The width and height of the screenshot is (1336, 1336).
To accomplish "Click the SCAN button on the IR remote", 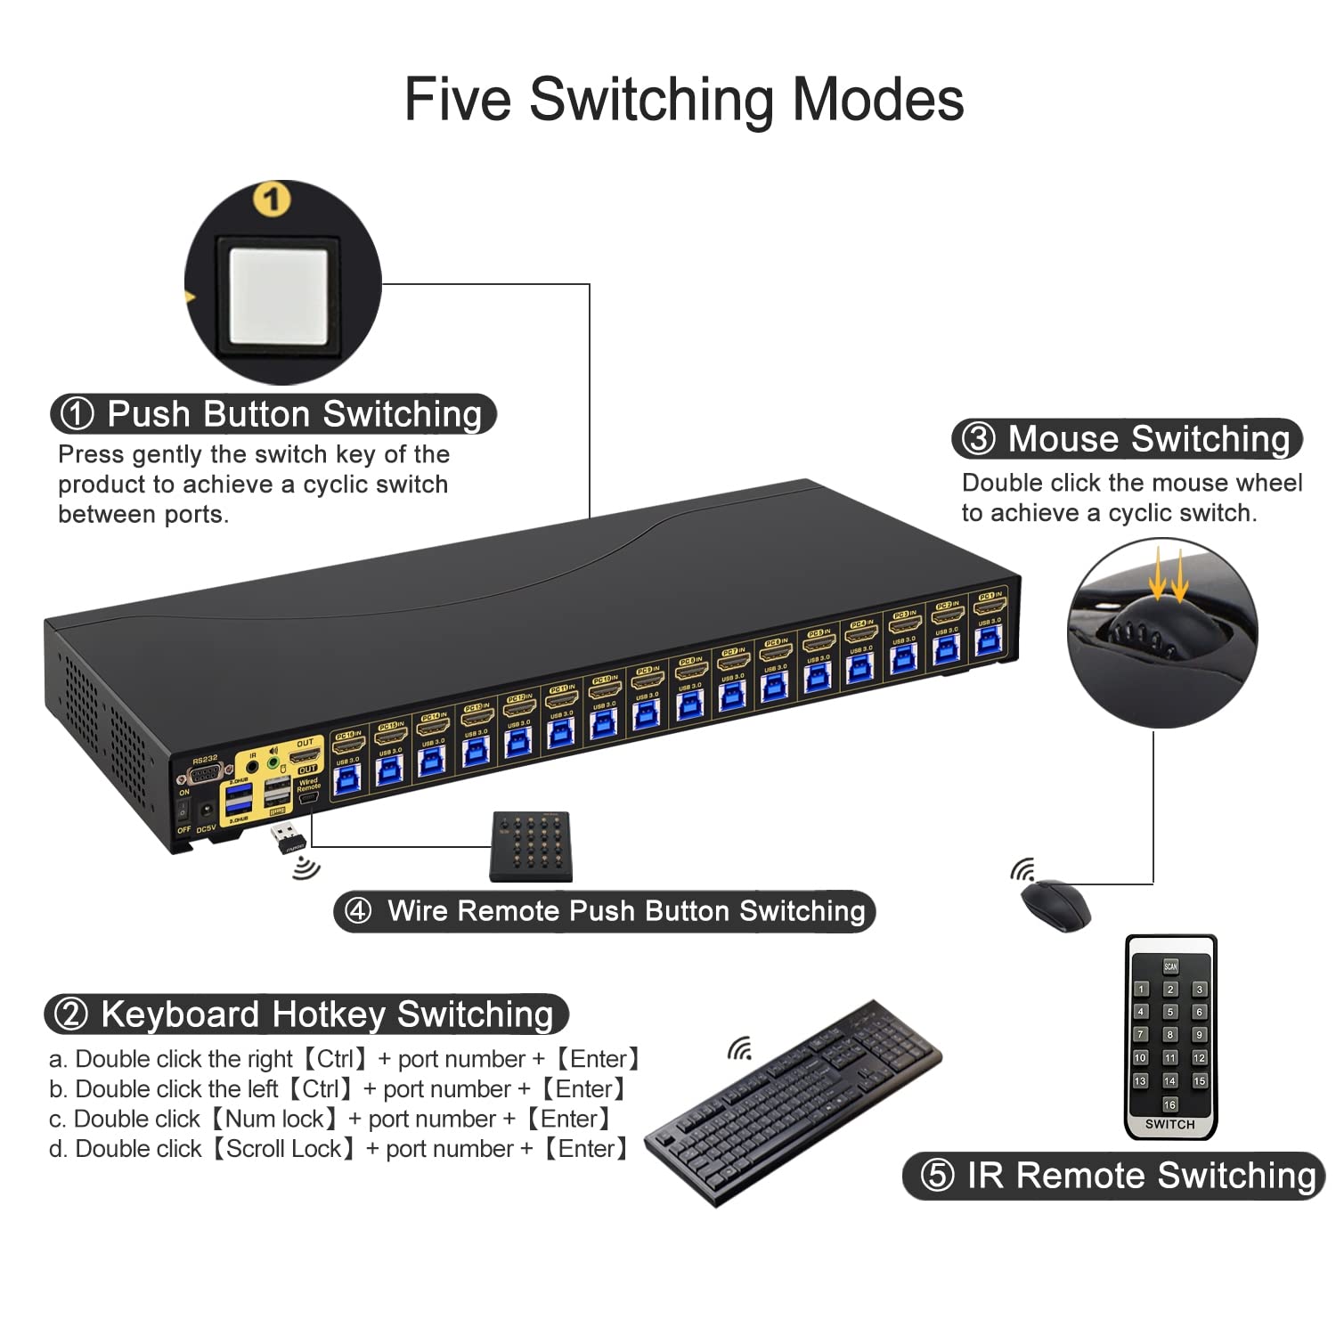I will click(x=1170, y=966).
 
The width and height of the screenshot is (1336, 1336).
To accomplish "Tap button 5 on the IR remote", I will click(x=1170, y=1012).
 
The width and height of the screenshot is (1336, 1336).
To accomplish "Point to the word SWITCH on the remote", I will click(x=1169, y=1124).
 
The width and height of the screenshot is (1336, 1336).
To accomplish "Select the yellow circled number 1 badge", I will click(x=272, y=200).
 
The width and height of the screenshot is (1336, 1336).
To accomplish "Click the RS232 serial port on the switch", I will click(x=204, y=773).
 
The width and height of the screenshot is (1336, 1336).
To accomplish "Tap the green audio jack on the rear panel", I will click(x=273, y=762).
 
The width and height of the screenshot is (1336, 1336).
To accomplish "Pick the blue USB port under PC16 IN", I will click(x=346, y=780).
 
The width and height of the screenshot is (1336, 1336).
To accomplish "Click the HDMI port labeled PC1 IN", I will click(x=990, y=607).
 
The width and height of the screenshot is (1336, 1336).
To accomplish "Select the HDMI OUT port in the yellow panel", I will click(x=305, y=756).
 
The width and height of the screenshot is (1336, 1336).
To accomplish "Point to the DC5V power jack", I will click(x=207, y=811).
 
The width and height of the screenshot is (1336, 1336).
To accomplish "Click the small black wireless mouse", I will click(x=1055, y=904).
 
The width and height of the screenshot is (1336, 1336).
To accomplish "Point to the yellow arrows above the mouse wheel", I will click(x=1168, y=574).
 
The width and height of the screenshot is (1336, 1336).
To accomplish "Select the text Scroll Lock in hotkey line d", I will click(x=283, y=1149).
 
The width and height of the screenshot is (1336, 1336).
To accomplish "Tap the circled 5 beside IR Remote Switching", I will click(x=936, y=1176).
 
